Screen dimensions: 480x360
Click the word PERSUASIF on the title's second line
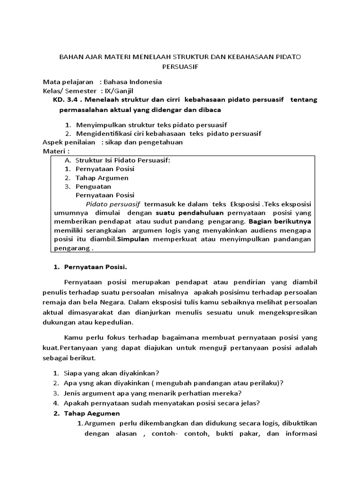(x=180, y=67)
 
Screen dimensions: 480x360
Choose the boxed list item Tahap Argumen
(x=102, y=178)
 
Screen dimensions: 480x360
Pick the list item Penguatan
(x=93, y=186)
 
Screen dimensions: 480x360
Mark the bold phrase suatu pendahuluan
(x=170, y=212)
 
